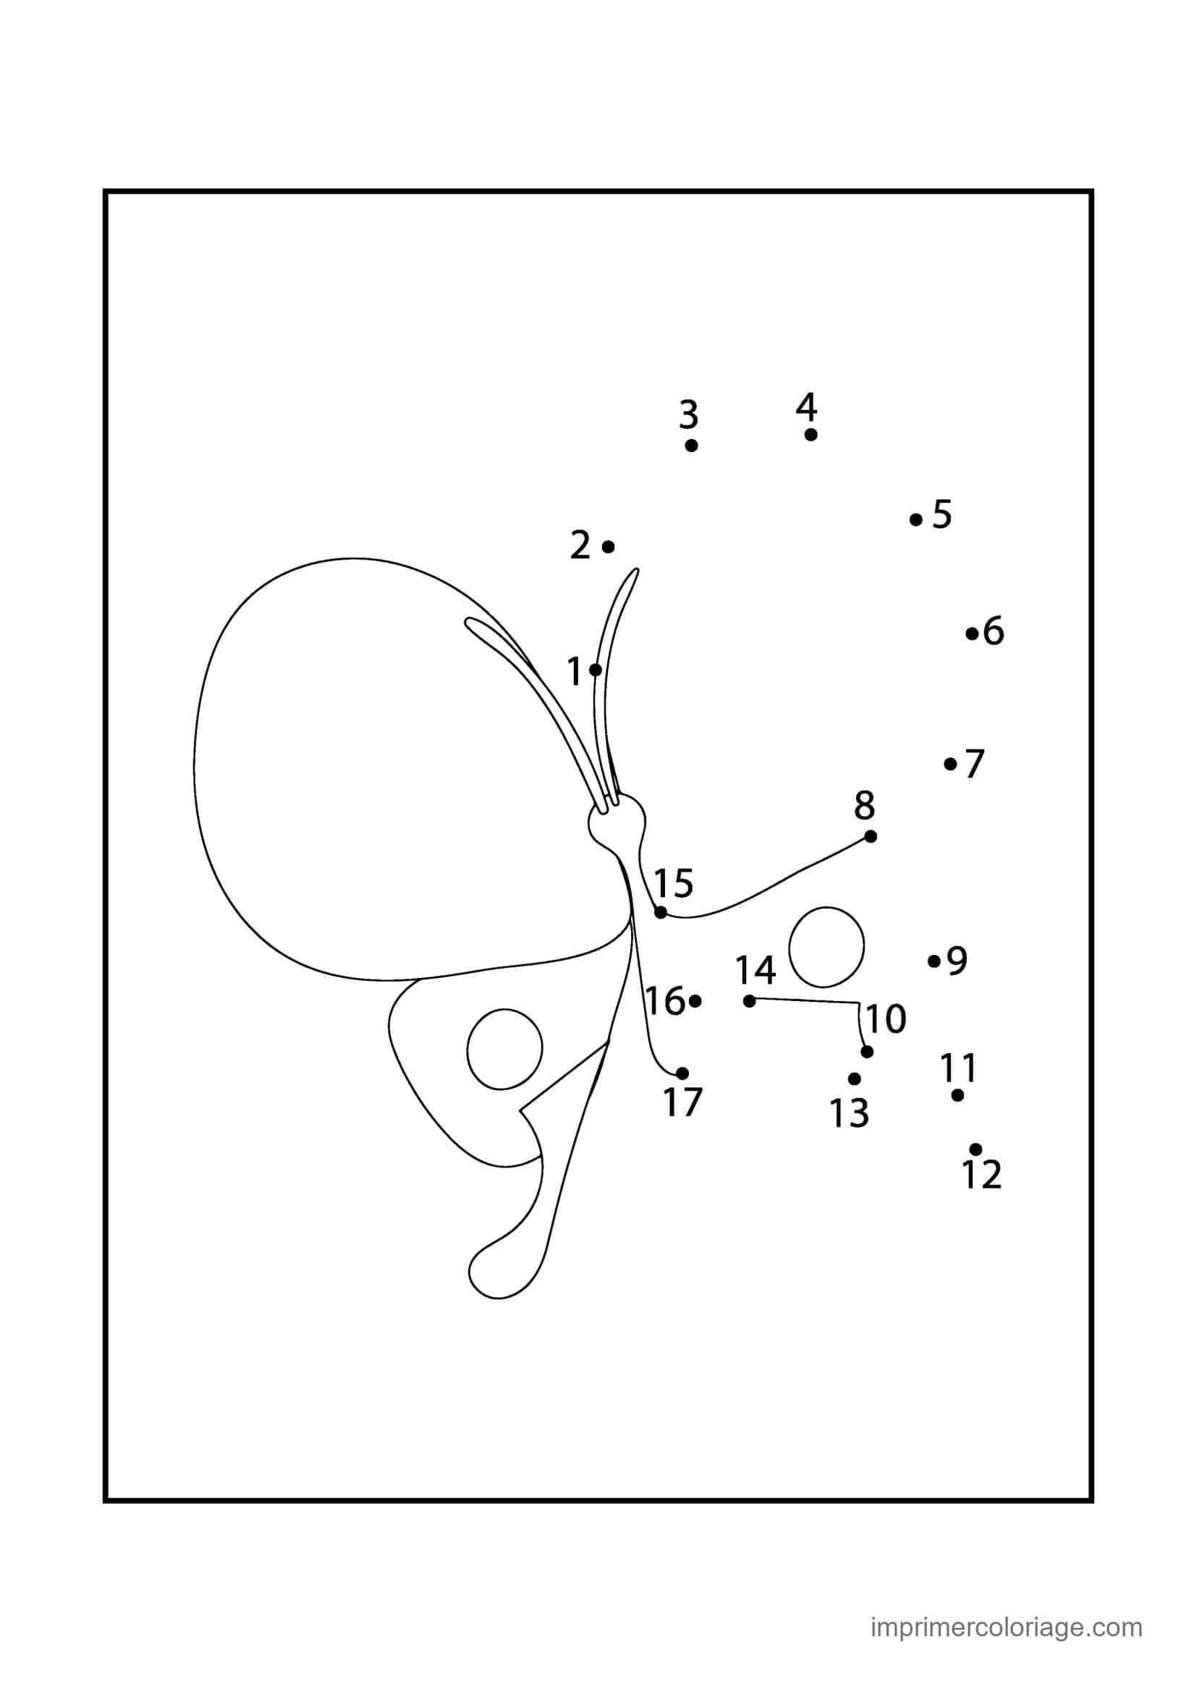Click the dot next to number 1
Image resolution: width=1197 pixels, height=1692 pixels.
(x=596, y=670)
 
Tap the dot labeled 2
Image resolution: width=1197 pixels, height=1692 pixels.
(x=608, y=547)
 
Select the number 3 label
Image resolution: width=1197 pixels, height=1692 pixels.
(x=688, y=415)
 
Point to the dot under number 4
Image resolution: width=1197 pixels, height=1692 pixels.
(x=811, y=435)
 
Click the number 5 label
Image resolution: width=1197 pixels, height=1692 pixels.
(x=942, y=514)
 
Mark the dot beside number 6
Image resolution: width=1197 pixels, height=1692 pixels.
(x=972, y=633)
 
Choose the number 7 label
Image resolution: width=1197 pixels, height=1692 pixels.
(x=974, y=763)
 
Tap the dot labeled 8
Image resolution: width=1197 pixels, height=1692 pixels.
(x=871, y=836)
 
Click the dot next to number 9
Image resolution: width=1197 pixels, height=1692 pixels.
(x=934, y=961)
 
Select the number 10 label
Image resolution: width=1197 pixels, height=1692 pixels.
(x=885, y=1019)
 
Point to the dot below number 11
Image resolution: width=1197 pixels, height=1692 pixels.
(x=957, y=1095)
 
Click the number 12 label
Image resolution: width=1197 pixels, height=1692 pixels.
(x=982, y=1175)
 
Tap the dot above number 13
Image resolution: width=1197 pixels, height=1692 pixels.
(x=854, y=1079)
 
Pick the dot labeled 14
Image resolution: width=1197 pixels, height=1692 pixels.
(x=750, y=1000)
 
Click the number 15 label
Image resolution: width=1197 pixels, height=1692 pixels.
(x=674, y=883)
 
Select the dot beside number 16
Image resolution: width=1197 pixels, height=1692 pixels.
(x=695, y=1000)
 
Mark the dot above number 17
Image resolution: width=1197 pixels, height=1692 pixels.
(x=682, y=1073)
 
